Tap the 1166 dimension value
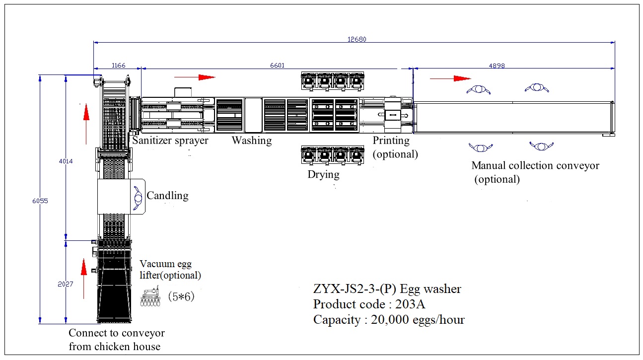(119, 65)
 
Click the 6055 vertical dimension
(35, 201)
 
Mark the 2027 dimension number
(66, 284)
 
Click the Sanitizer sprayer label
(170, 141)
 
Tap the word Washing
(252, 141)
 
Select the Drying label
(323, 174)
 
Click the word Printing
(391, 141)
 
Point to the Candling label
(167, 196)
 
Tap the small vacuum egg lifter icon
(151, 297)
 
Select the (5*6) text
(180, 296)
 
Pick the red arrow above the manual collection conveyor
(450, 78)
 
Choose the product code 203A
(412, 304)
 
